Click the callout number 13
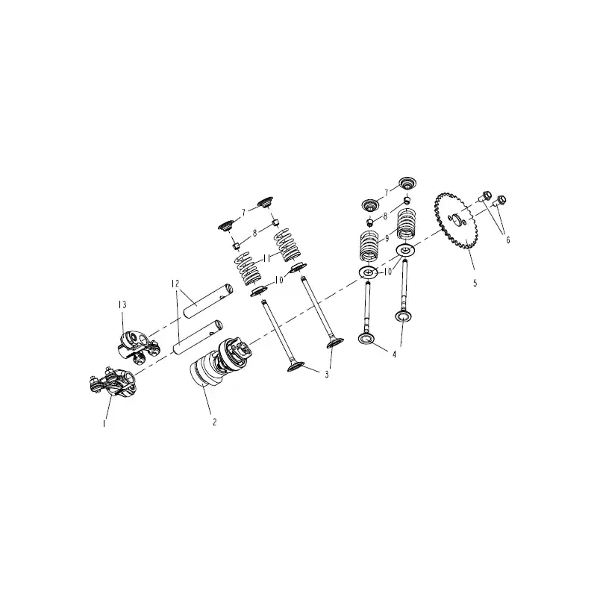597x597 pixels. tap(122, 304)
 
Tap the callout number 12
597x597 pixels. tap(175, 284)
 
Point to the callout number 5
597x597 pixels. tap(475, 284)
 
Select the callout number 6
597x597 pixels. tap(507, 240)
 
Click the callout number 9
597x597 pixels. tap(387, 238)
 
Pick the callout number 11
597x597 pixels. tap(266, 258)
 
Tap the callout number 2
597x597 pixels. tap(215, 422)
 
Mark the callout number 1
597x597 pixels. tap(104, 423)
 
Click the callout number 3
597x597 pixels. tap(327, 375)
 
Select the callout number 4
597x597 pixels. tap(395, 354)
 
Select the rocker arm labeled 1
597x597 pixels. tap(113, 383)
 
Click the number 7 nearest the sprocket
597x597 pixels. tap(387, 193)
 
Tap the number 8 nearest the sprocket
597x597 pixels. tap(385, 216)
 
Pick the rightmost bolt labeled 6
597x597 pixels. tap(499, 201)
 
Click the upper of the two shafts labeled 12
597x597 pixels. tap(208, 300)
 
